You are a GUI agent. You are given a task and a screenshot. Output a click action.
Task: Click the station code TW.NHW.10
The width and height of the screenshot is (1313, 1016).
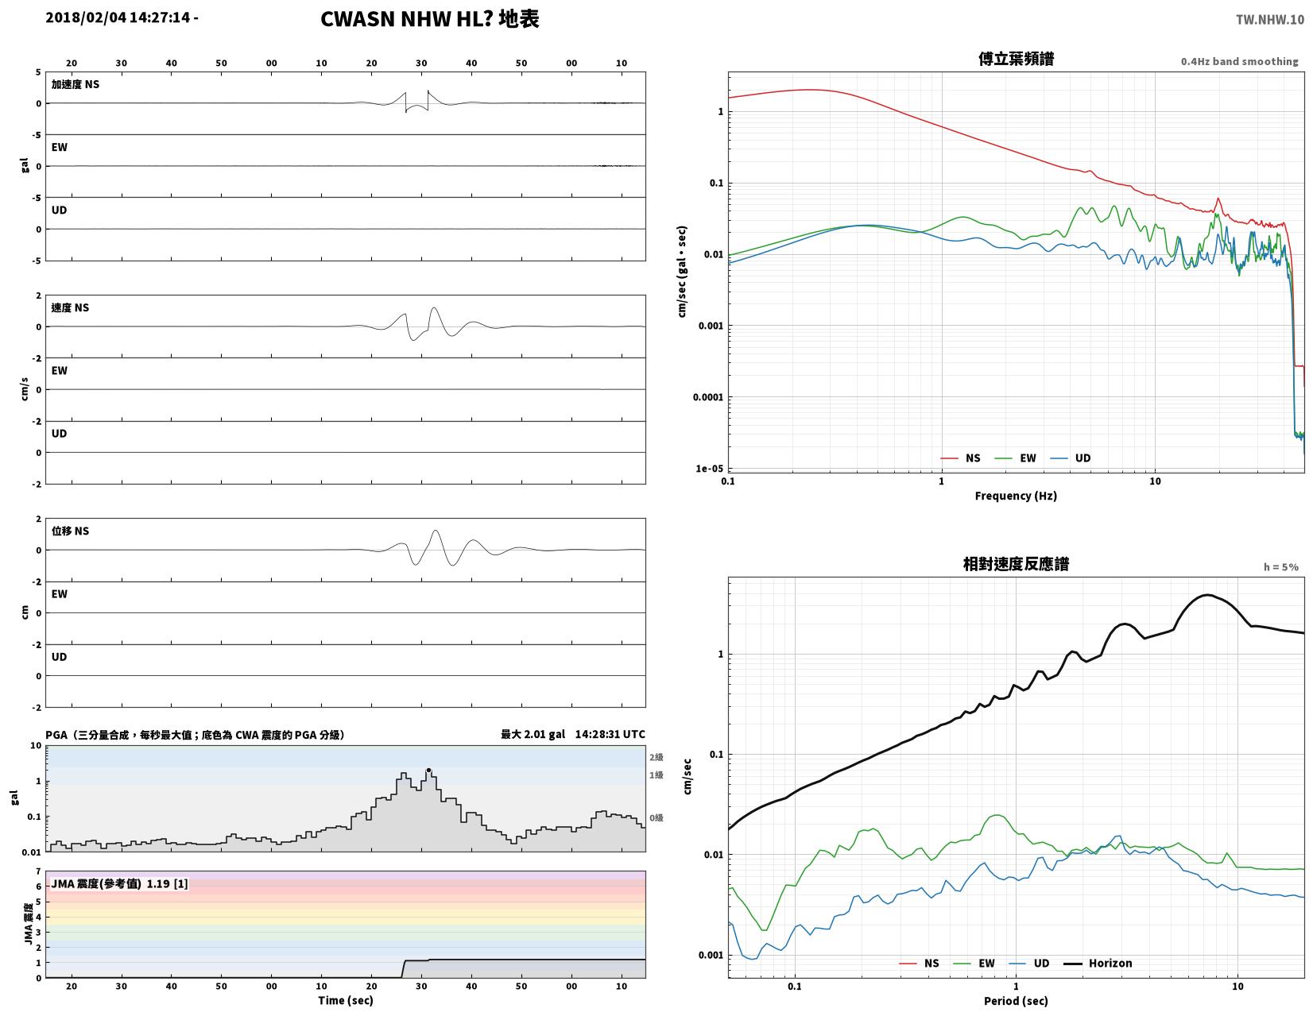(1269, 19)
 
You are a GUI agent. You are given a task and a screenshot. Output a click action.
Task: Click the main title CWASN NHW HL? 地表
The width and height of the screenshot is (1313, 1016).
(429, 19)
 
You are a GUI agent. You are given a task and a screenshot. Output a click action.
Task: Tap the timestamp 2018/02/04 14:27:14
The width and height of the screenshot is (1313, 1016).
(118, 17)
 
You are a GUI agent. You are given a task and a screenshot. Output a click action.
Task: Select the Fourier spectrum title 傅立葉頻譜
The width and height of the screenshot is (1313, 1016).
(1016, 59)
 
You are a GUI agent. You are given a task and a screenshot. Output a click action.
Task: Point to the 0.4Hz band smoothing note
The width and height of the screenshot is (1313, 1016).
(1239, 61)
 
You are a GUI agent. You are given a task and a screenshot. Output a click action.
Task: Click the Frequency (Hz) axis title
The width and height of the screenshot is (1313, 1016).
(1016, 496)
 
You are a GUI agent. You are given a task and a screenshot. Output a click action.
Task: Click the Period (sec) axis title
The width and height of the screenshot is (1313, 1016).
(1016, 1000)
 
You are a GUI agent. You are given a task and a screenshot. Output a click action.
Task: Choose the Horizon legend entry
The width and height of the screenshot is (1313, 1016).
(1098, 963)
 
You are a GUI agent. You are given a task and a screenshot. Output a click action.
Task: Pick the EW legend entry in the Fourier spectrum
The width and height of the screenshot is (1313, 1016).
(1015, 458)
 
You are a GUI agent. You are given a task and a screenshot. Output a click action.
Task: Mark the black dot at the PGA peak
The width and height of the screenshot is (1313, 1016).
(428, 770)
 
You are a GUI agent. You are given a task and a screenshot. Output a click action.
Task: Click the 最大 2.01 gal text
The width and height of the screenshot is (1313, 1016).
(533, 734)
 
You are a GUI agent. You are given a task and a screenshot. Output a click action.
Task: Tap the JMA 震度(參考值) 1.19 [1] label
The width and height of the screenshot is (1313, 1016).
(119, 883)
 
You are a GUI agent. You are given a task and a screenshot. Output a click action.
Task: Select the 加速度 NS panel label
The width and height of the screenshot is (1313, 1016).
(75, 84)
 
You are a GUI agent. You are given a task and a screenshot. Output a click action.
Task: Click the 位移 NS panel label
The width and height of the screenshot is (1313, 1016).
(70, 531)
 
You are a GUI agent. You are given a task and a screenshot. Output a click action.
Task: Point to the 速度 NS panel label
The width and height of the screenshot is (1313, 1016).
(70, 307)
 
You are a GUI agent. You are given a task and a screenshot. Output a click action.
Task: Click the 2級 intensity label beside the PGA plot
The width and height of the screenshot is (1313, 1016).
(656, 757)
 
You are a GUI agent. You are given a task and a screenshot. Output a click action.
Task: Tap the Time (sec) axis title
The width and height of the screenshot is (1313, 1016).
(346, 1000)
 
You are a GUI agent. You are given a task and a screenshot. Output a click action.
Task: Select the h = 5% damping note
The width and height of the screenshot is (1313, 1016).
(1280, 566)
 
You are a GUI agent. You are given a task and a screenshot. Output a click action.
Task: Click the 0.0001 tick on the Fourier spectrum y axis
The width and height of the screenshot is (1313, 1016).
(707, 396)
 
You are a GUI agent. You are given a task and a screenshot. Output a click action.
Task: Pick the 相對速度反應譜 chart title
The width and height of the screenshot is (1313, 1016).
(1016, 563)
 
